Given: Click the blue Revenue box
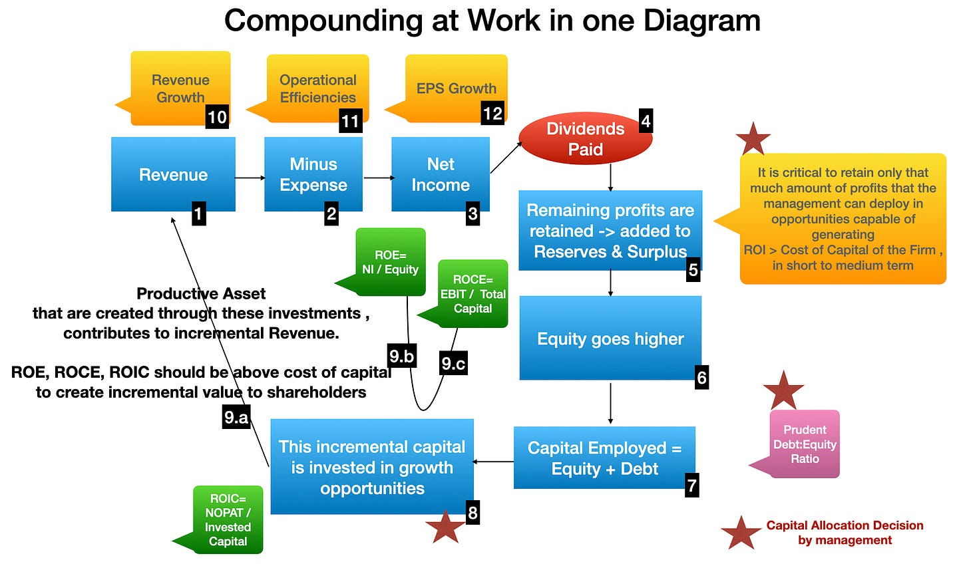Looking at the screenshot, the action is coord(173,174).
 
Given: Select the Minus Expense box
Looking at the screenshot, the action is coord(313,174).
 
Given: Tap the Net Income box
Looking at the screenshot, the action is coord(440,174).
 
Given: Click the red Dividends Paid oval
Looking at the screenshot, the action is coord(585,139).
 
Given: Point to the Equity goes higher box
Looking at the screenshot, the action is coord(610,339).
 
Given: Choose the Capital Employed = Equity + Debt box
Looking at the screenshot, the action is coord(604,458).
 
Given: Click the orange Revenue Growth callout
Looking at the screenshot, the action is coord(180,88).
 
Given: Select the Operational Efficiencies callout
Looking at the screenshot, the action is coord(317,88).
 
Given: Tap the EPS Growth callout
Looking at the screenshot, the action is coord(456,88).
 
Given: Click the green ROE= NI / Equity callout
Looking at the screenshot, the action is coord(390,262).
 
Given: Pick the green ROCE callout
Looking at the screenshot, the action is coord(473,294).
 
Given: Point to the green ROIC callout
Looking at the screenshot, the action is coord(228,519).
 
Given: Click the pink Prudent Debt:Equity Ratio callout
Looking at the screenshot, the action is coord(804,444).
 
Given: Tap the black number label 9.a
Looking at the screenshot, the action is coord(236,417).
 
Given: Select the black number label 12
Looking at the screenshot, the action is coord(492,113).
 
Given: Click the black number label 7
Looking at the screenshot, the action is coord(692,486).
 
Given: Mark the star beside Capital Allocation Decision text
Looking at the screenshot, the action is coord(741,533).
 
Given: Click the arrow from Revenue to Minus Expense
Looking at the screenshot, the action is coord(250,178).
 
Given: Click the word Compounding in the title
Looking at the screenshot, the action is coord(322,21).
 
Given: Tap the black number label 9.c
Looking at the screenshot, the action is coord(453,363).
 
